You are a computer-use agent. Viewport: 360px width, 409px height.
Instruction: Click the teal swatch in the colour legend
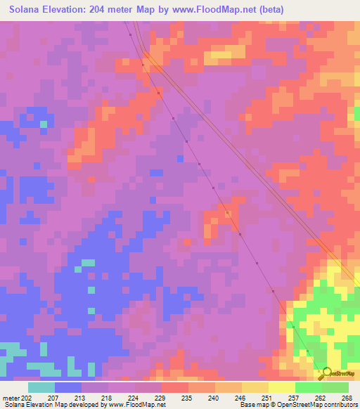click(41, 387)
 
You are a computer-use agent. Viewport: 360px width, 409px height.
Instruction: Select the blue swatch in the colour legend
click(68, 387)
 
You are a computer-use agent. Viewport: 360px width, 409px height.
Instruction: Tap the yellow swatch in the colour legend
click(282, 387)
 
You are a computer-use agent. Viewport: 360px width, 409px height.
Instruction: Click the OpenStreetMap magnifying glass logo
click(324, 372)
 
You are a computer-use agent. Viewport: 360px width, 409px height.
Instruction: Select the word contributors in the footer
click(340, 405)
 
